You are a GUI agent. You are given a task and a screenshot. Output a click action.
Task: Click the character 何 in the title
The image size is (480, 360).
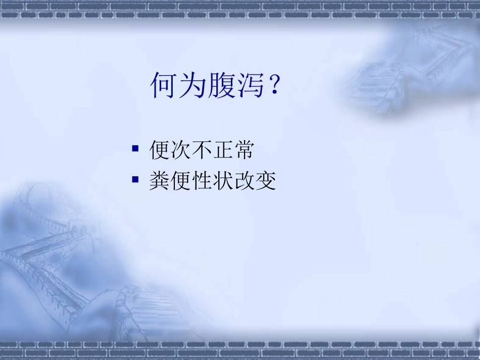click(x=164, y=85)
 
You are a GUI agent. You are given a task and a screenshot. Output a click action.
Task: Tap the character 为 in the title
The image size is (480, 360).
click(x=193, y=85)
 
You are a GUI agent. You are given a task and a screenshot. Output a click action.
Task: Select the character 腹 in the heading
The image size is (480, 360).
click(x=222, y=85)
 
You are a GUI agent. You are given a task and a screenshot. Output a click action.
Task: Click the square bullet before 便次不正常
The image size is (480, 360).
click(x=135, y=149)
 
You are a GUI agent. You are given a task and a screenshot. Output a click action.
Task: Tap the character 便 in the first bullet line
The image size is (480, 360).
click(x=160, y=150)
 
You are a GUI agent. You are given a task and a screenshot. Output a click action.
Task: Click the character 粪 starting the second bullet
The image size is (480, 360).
click(x=160, y=181)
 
